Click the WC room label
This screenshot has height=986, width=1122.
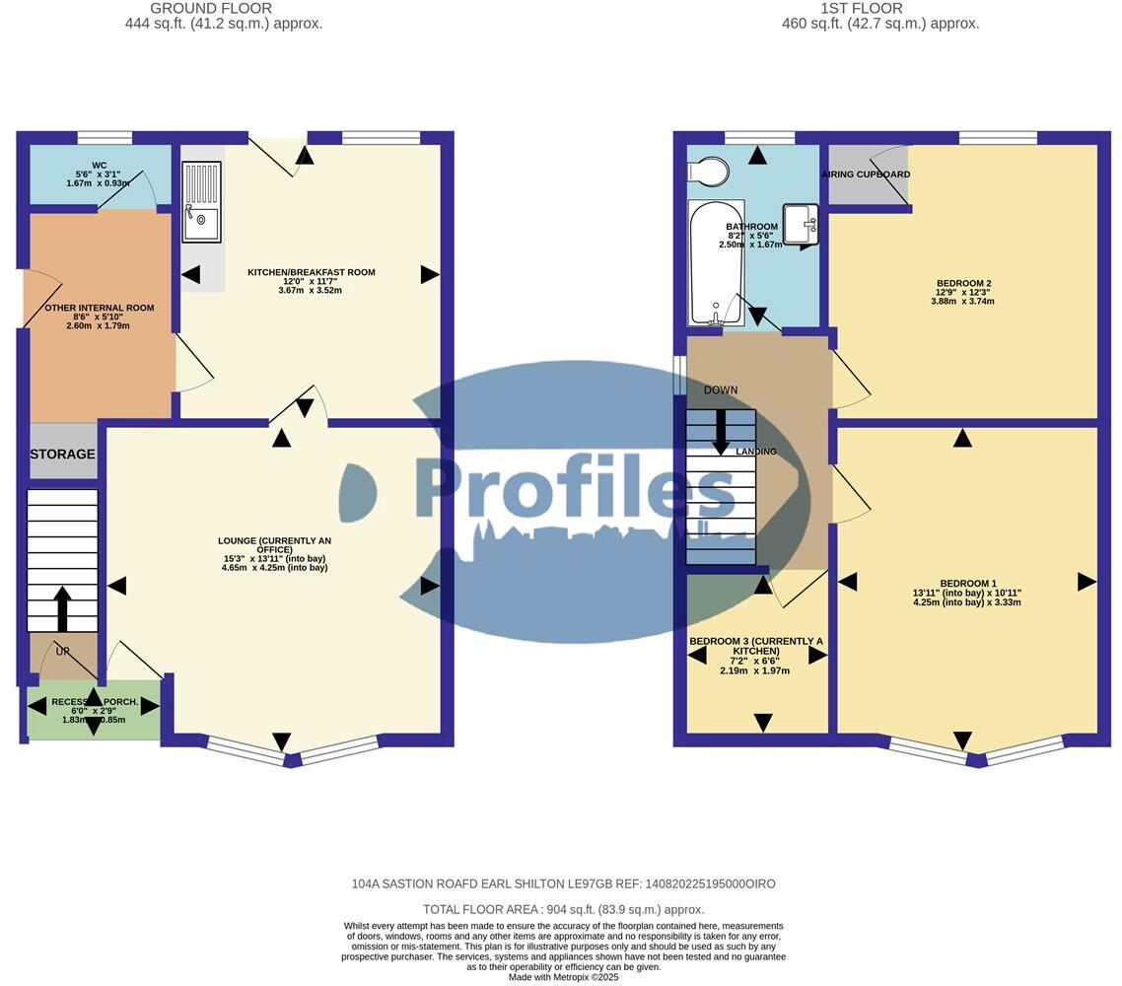click(x=99, y=166)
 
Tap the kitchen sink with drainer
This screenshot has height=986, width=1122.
click(x=201, y=202)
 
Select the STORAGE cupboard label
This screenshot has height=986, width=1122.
click(x=62, y=454)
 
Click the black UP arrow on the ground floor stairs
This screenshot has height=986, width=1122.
click(x=62, y=608)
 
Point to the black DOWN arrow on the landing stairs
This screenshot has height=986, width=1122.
click(x=721, y=430)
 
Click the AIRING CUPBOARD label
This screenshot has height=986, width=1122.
click(x=866, y=175)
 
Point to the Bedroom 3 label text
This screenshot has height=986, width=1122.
click(x=755, y=647)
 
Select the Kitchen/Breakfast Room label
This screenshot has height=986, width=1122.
click(x=311, y=272)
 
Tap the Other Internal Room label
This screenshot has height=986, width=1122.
click(x=100, y=308)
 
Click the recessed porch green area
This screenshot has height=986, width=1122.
click(x=94, y=710)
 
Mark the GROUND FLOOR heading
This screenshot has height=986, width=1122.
click(x=211, y=9)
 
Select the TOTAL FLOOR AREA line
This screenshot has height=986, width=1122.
click(x=563, y=909)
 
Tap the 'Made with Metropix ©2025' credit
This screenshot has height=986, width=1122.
click(x=563, y=977)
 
